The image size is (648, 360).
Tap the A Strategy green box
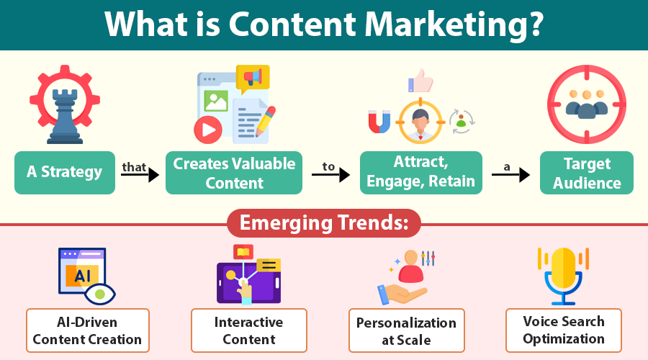[x=65, y=173]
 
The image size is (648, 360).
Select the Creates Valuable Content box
[x=234, y=173]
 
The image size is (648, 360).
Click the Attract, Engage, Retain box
[x=421, y=173]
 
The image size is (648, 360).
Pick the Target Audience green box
[x=587, y=173]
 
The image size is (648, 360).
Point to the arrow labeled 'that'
[x=140, y=174]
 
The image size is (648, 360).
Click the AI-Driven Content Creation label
[x=87, y=330]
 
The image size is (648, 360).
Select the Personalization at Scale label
[x=406, y=330]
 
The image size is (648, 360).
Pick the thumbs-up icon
[x=422, y=81]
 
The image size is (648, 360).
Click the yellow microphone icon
[x=563, y=270]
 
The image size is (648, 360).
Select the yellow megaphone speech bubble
[x=253, y=77]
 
